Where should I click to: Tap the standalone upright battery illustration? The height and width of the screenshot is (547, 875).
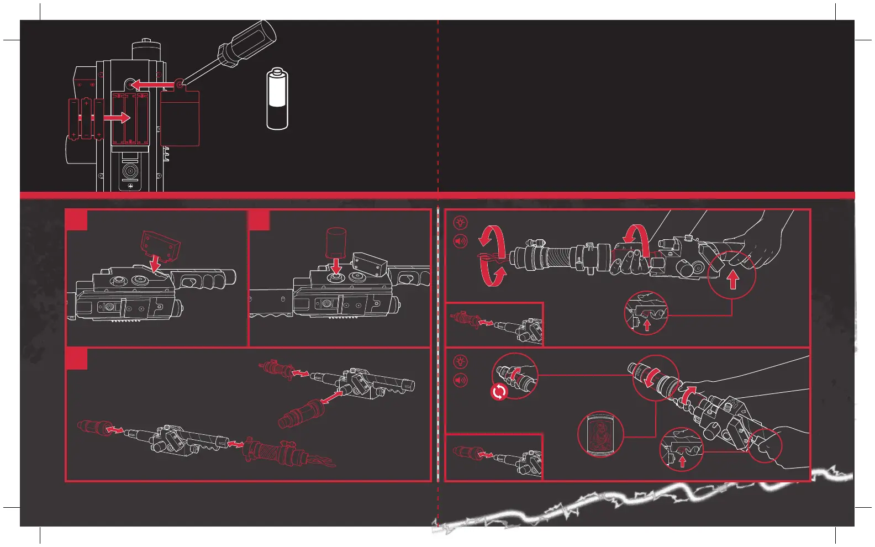pos(277,99)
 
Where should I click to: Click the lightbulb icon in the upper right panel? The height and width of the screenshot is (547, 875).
pos(460,223)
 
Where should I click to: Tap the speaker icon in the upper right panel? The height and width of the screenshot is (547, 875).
pos(460,241)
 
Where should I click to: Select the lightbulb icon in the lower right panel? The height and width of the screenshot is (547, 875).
pos(460,362)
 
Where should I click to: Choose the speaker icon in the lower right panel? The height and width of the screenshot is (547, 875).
pos(460,380)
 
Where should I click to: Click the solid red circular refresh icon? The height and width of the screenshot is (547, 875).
pos(499,392)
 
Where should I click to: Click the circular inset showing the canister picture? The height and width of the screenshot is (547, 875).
pos(600,434)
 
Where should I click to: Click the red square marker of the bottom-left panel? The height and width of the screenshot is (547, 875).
pos(76,359)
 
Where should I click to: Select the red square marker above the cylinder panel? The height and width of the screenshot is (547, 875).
pos(259,219)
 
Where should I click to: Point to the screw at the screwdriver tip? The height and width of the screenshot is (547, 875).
pos(178,85)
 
